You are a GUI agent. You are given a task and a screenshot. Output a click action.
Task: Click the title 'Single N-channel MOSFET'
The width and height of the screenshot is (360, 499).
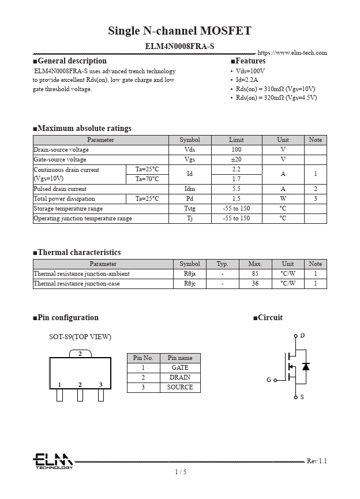179,31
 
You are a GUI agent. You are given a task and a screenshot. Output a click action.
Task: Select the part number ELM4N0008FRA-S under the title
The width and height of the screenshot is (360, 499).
179,46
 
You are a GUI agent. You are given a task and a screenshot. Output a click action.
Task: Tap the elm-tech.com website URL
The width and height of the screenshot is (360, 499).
292,53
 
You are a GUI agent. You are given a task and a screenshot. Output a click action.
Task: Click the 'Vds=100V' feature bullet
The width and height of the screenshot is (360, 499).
250,71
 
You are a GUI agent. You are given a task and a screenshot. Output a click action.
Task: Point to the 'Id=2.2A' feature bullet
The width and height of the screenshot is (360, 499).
247,80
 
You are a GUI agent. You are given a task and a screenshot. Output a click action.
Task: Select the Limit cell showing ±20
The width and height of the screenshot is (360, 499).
236,160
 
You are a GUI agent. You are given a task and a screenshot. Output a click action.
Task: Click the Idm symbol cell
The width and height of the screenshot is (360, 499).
189,189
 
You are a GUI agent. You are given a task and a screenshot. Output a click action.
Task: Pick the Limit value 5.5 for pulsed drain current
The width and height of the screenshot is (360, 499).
236,189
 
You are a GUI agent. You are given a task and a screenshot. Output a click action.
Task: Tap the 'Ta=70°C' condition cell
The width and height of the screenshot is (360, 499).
147,179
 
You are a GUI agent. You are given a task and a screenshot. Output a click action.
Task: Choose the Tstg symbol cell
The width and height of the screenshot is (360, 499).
189,209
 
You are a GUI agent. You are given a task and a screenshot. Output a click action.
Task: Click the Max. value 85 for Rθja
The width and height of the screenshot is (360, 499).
255,274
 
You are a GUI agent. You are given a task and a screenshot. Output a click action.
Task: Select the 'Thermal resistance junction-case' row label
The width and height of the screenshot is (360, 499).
77,284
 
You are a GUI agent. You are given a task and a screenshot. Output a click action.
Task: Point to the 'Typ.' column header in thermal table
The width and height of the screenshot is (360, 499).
222,264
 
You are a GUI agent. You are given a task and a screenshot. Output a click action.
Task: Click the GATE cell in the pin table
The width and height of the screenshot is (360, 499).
180,367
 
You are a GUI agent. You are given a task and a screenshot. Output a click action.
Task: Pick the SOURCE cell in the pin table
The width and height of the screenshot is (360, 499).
180,387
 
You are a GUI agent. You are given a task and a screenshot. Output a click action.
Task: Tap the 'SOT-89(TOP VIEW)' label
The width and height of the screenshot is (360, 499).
80,337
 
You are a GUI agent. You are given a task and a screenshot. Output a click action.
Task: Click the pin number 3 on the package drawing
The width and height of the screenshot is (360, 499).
100,385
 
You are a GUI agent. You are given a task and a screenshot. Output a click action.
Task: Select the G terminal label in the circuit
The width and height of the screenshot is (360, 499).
268,380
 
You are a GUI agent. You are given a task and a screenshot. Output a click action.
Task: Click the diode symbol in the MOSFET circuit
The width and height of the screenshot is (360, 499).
306,366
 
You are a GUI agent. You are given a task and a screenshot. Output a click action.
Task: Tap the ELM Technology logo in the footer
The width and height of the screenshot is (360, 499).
52,461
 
